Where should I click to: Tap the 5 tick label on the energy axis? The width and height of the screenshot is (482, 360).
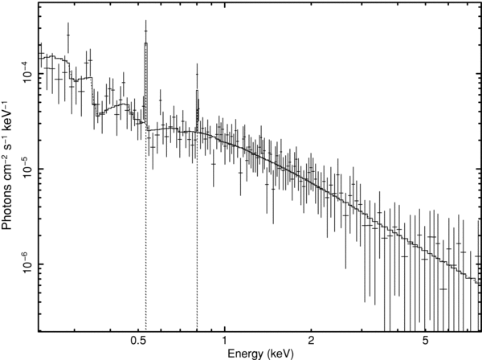423,341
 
